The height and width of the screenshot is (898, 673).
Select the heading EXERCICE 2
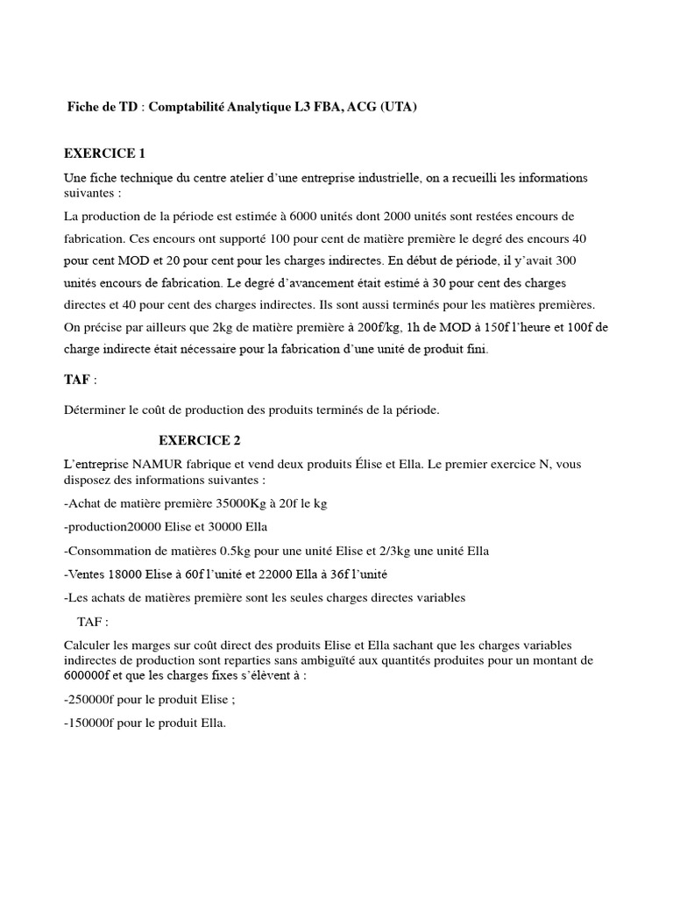tap(199, 440)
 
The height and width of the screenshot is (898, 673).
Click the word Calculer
tap(90, 645)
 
